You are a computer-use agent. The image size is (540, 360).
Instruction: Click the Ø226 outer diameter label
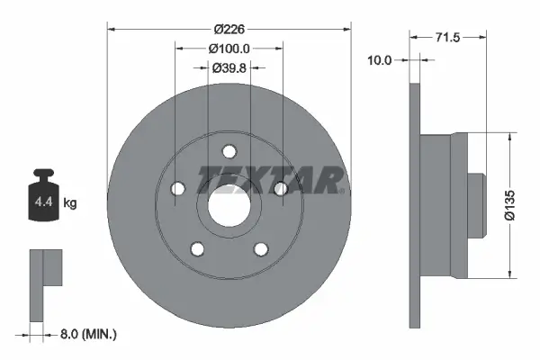[229, 28]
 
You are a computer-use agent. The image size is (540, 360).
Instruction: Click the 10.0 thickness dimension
[382, 60]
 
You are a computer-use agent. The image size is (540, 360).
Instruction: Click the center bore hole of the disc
[229, 206]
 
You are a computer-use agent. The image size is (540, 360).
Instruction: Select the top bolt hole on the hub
[229, 151]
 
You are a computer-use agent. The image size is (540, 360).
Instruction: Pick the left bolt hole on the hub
[177, 189]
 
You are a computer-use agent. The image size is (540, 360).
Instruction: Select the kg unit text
[69, 203]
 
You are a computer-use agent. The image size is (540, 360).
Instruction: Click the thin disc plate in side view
[415, 205]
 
